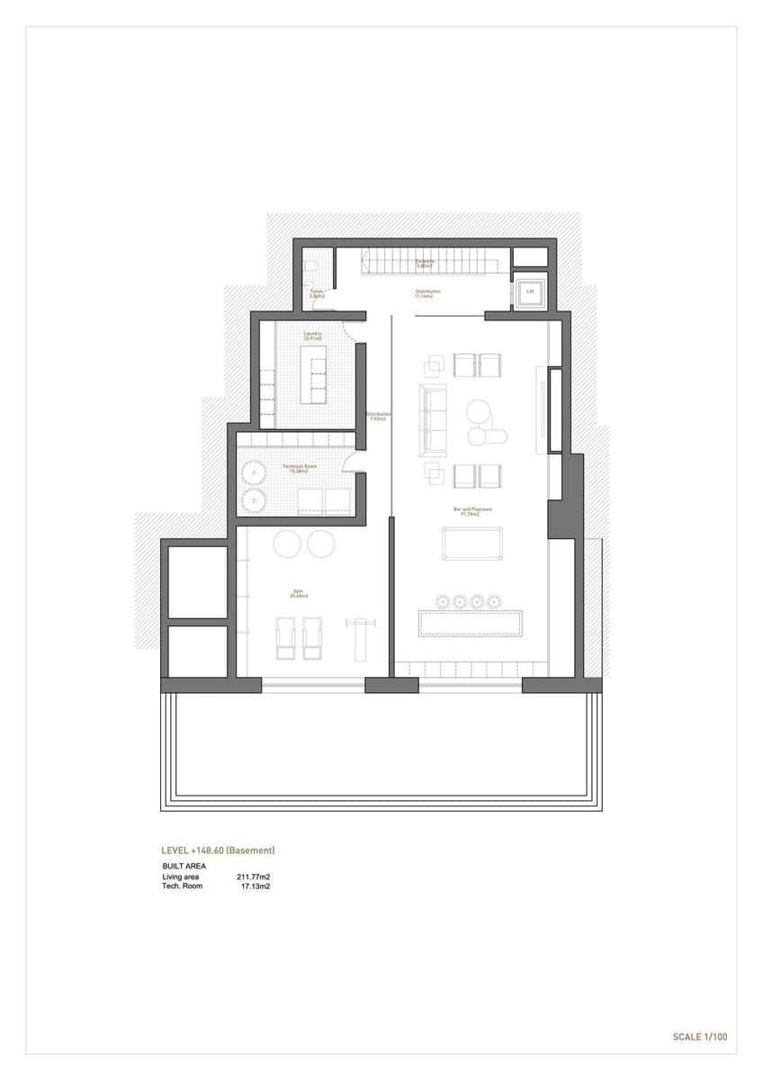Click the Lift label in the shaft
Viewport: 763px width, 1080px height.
(x=531, y=291)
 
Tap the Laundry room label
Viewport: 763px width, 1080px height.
(x=313, y=334)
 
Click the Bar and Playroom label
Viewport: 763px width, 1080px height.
(x=469, y=510)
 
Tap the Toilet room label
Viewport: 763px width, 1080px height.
(x=317, y=292)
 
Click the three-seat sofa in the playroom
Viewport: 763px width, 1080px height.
(x=434, y=419)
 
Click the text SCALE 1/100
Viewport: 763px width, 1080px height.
(x=699, y=1037)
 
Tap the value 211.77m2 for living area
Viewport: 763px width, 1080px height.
(x=254, y=876)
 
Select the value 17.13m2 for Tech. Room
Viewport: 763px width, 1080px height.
(x=256, y=886)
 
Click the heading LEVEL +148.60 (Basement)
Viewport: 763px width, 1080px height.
(x=217, y=850)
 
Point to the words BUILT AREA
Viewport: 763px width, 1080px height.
(x=184, y=866)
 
